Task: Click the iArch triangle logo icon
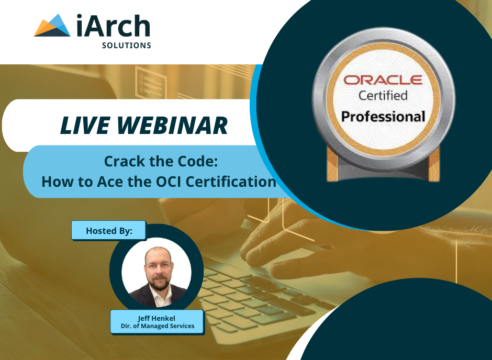pyautogui.click(x=52, y=26)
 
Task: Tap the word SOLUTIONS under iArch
pyautogui.click(x=126, y=46)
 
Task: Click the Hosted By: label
pyautogui.click(x=109, y=230)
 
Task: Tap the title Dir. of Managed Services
pyautogui.click(x=156, y=326)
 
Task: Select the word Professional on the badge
pyautogui.click(x=383, y=116)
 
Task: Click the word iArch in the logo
pyautogui.click(x=112, y=26)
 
